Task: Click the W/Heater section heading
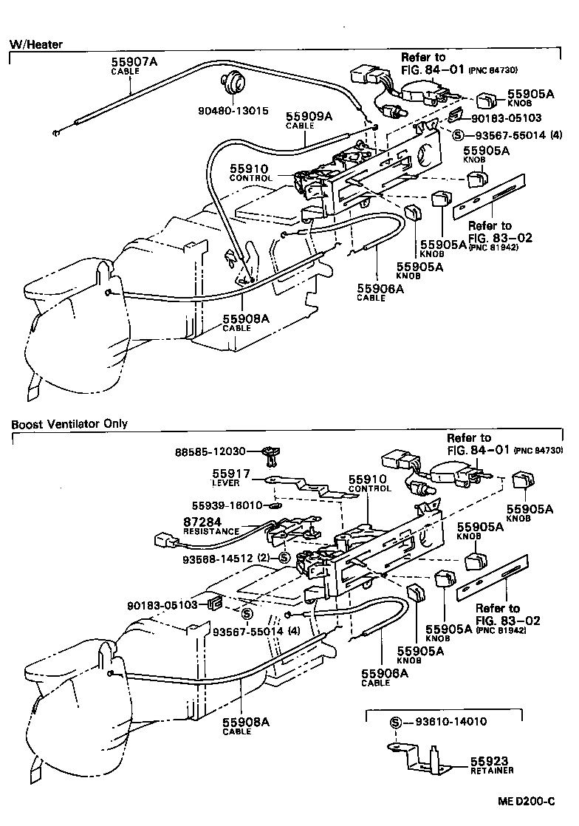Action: tap(35, 44)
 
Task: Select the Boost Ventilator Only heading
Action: tap(69, 424)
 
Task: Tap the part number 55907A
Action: tap(134, 62)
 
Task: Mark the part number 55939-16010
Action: tap(227, 505)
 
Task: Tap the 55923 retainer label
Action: tap(491, 760)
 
